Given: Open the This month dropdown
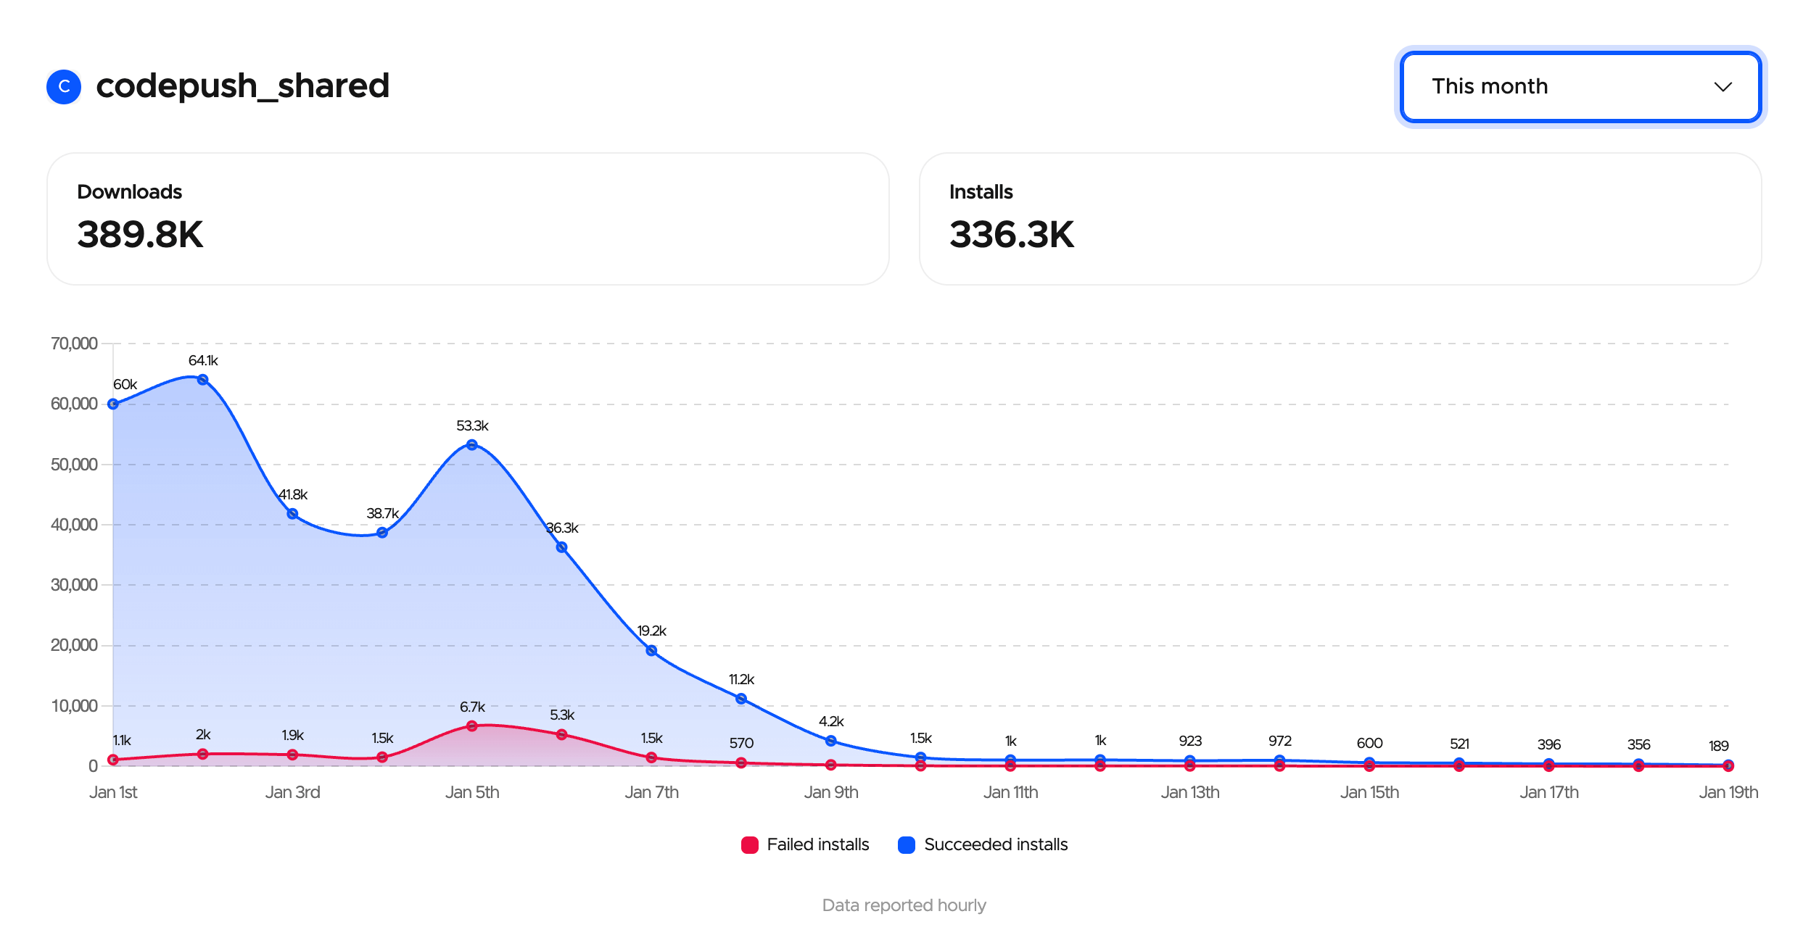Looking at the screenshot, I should coord(1580,87).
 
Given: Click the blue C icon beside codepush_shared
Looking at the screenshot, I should coord(64,87).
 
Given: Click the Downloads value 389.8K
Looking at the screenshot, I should coord(140,235).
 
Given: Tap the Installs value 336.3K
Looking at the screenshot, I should coord(1011,235).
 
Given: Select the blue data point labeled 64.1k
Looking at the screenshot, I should coord(203,380).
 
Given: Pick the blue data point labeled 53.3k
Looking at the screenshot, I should coord(472,445).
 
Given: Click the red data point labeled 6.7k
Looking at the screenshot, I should coord(472,726).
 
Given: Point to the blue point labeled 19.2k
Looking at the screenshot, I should coord(651,651).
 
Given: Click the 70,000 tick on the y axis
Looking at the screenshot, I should coord(74,344).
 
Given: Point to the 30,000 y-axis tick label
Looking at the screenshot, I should coord(74,585).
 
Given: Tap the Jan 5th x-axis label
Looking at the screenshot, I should coord(472,792).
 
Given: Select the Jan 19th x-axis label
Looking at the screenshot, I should coord(1728,792).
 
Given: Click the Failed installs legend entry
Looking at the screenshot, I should coord(805,844).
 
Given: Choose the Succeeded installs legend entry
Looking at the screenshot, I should coord(983,844).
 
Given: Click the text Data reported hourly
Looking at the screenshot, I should coord(904,905).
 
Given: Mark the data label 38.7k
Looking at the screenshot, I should coord(382,513).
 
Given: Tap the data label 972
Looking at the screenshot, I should coord(1279,741).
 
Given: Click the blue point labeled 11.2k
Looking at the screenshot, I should coord(741,699).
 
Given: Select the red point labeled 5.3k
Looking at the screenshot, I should coord(561,734).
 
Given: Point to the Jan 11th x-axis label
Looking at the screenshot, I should coord(1010,792).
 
